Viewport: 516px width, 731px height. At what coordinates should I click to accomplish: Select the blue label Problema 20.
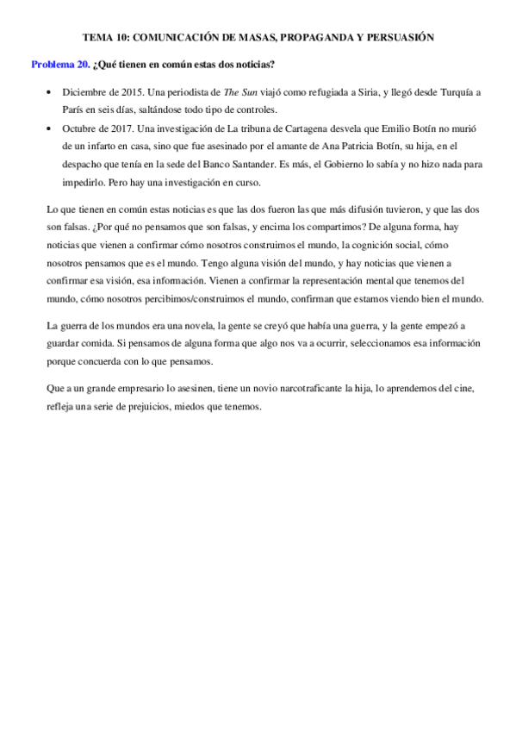[60, 65]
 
